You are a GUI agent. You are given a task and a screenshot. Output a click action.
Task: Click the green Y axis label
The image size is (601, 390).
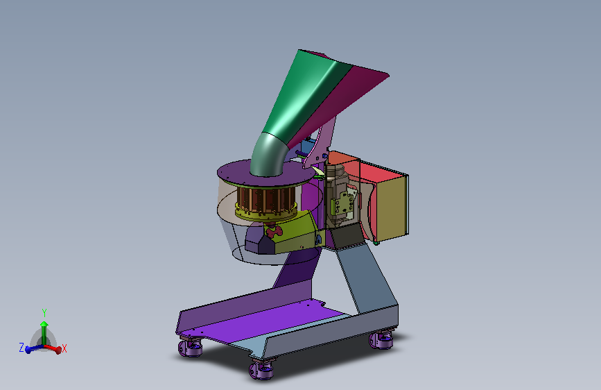(44, 313)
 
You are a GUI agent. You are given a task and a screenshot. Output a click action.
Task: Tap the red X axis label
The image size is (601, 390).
(64, 348)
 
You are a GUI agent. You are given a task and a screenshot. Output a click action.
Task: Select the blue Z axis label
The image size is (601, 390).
(21, 348)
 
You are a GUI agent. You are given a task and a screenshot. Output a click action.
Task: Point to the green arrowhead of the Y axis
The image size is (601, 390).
(44, 324)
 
